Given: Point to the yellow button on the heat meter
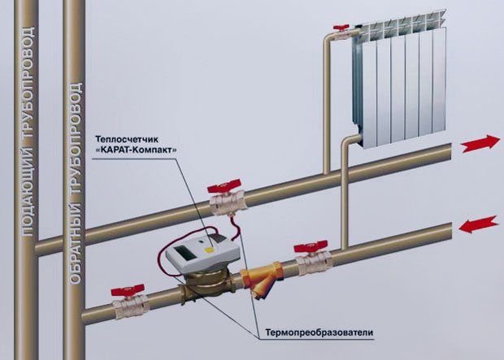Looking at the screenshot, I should click(213, 241).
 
